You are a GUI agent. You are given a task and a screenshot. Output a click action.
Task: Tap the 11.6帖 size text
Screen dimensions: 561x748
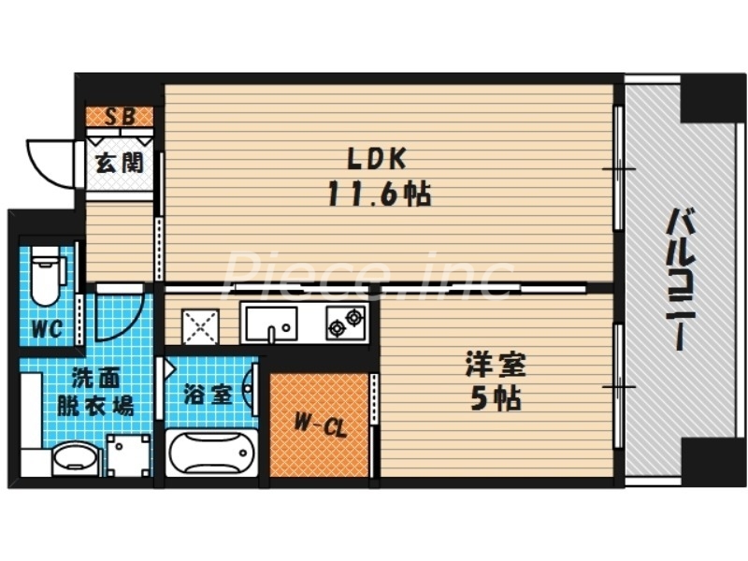[379, 194]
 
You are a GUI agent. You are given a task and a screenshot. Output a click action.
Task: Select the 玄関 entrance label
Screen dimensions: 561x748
[119, 162]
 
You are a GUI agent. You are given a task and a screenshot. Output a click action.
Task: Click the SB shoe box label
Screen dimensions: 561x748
[120, 117]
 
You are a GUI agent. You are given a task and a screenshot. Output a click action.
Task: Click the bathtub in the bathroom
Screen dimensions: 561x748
[210, 454]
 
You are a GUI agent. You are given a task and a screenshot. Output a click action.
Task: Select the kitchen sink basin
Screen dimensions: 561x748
[271, 324]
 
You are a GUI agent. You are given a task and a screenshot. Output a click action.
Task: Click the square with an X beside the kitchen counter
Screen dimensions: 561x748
[200, 324]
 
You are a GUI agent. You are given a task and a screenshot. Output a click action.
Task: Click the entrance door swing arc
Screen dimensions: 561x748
[49, 161]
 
